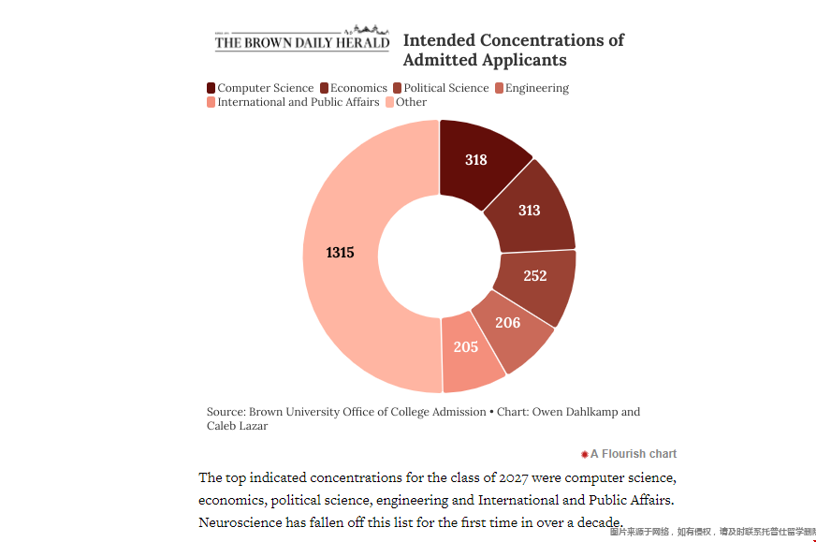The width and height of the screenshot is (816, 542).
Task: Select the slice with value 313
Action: [x=531, y=210]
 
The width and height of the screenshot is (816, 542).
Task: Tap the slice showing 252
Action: [x=535, y=276]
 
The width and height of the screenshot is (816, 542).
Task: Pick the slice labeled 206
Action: [x=509, y=324]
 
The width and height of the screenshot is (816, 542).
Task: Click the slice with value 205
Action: [x=467, y=348]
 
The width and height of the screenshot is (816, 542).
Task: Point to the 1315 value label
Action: [x=340, y=253]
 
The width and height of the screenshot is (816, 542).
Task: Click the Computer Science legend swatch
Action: [x=211, y=88]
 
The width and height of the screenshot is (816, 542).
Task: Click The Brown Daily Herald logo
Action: [x=301, y=40]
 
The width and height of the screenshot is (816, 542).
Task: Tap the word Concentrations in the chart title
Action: [x=542, y=40]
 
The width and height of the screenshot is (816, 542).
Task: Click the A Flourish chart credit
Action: [x=633, y=454]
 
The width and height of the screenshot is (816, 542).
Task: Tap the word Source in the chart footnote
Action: [x=226, y=412]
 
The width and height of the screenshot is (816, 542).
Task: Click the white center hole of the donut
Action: [x=439, y=255]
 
